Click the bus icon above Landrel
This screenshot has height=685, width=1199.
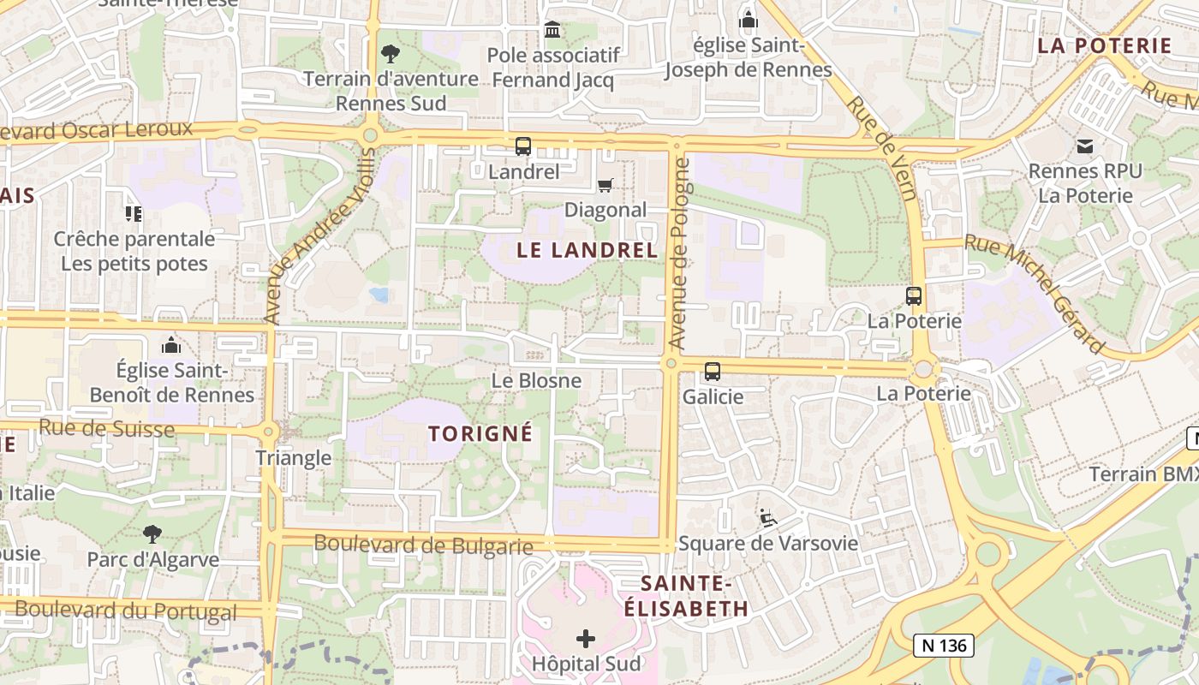pyautogui.click(x=523, y=146)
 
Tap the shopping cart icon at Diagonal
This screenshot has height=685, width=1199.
pyautogui.click(x=605, y=185)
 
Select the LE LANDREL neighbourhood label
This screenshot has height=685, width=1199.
pyautogui.click(x=588, y=250)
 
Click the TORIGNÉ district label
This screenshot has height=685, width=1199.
pyautogui.click(x=480, y=433)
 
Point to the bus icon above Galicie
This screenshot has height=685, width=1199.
pyautogui.click(x=713, y=372)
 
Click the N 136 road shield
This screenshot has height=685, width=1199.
pyautogui.click(x=942, y=645)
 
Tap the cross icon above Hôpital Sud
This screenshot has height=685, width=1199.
pyautogui.click(x=586, y=639)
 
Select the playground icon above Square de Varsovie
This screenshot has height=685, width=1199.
pyautogui.click(x=768, y=518)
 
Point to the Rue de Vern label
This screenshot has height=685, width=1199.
pyautogui.click(x=882, y=146)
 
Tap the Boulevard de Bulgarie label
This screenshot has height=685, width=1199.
pyautogui.click(x=423, y=544)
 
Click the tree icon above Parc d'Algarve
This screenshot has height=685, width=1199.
pyautogui.click(x=152, y=535)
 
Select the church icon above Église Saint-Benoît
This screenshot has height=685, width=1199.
pyautogui.click(x=171, y=345)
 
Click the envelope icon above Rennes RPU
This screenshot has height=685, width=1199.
pyautogui.click(x=1085, y=146)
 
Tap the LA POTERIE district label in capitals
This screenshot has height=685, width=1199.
pyautogui.click(x=1104, y=45)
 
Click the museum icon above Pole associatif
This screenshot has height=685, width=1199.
pyautogui.click(x=552, y=30)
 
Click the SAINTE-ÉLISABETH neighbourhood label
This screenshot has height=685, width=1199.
pyautogui.click(x=685, y=596)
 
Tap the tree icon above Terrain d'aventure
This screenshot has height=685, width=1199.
pyautogui.click(x=391, y=54)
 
